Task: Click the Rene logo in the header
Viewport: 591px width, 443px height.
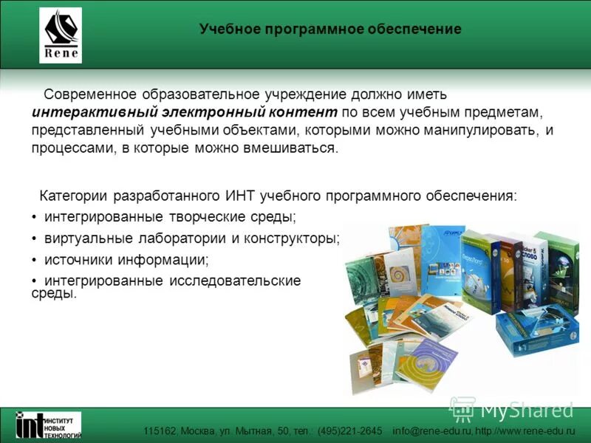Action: click(x=61, y=35)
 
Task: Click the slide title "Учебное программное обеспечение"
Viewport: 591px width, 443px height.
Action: click(x=329, y=30)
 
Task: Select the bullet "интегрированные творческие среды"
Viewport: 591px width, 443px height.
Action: click(x=169, y=217)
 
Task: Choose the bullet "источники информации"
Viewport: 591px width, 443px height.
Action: click(x=126, y=260)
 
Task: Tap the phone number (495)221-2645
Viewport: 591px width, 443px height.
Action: click(x=350, y=431)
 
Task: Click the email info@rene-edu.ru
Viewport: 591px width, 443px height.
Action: click(x=431, y=431)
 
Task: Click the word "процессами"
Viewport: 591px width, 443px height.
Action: click(x=67, y=148)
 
